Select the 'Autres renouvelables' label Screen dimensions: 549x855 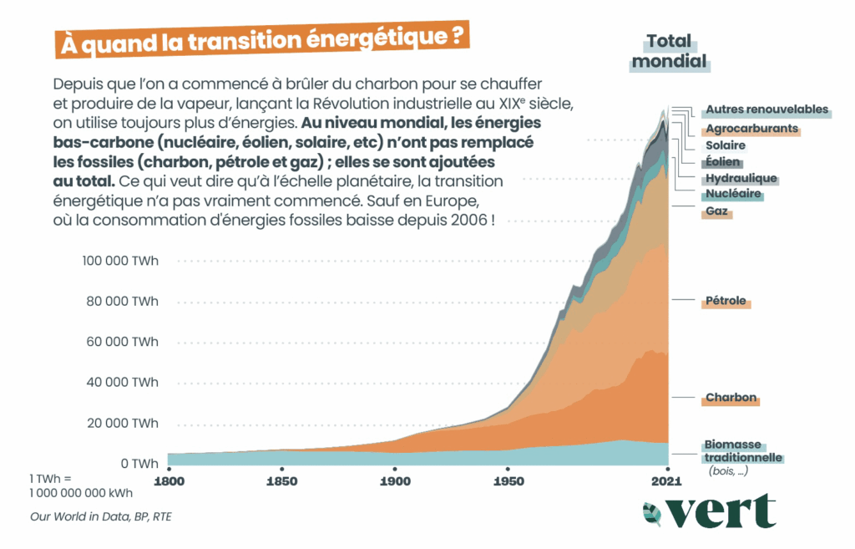coord(766,109)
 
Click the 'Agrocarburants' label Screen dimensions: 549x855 coord(751,130)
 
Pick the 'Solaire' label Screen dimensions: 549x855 coord(726,145)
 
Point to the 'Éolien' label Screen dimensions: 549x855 coord(722,162)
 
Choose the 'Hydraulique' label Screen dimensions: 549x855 coord(741,178)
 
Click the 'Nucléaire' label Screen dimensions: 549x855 coord(733,194)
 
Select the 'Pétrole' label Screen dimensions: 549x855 coord(726,301)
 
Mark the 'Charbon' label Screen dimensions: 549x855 coord(731,398)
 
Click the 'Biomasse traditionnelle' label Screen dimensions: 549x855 coord(743,451)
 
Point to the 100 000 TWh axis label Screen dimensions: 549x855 coord(120,261)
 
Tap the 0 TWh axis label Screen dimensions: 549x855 coord(138,463)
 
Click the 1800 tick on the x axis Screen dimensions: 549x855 coord(168,481)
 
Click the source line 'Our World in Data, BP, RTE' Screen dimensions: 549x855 coord(101,516)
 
